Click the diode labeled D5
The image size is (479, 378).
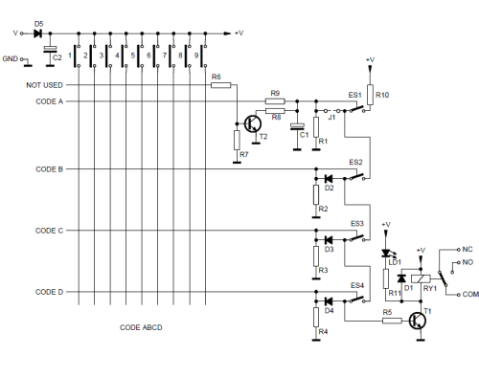click(x=39, y=33)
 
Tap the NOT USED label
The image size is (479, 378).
click(x=45, y=85)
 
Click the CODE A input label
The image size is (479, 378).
click(x=50, y=100)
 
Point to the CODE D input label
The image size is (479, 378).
click(x=50, y=292)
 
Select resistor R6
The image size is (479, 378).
click(x=221, y=85)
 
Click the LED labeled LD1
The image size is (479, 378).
click(x=387, y=254)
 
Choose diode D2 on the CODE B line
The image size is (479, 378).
click(x=329, y=178)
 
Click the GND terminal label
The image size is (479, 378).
click(x=11, y=58)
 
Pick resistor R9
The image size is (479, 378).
click(x=275, y=100)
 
